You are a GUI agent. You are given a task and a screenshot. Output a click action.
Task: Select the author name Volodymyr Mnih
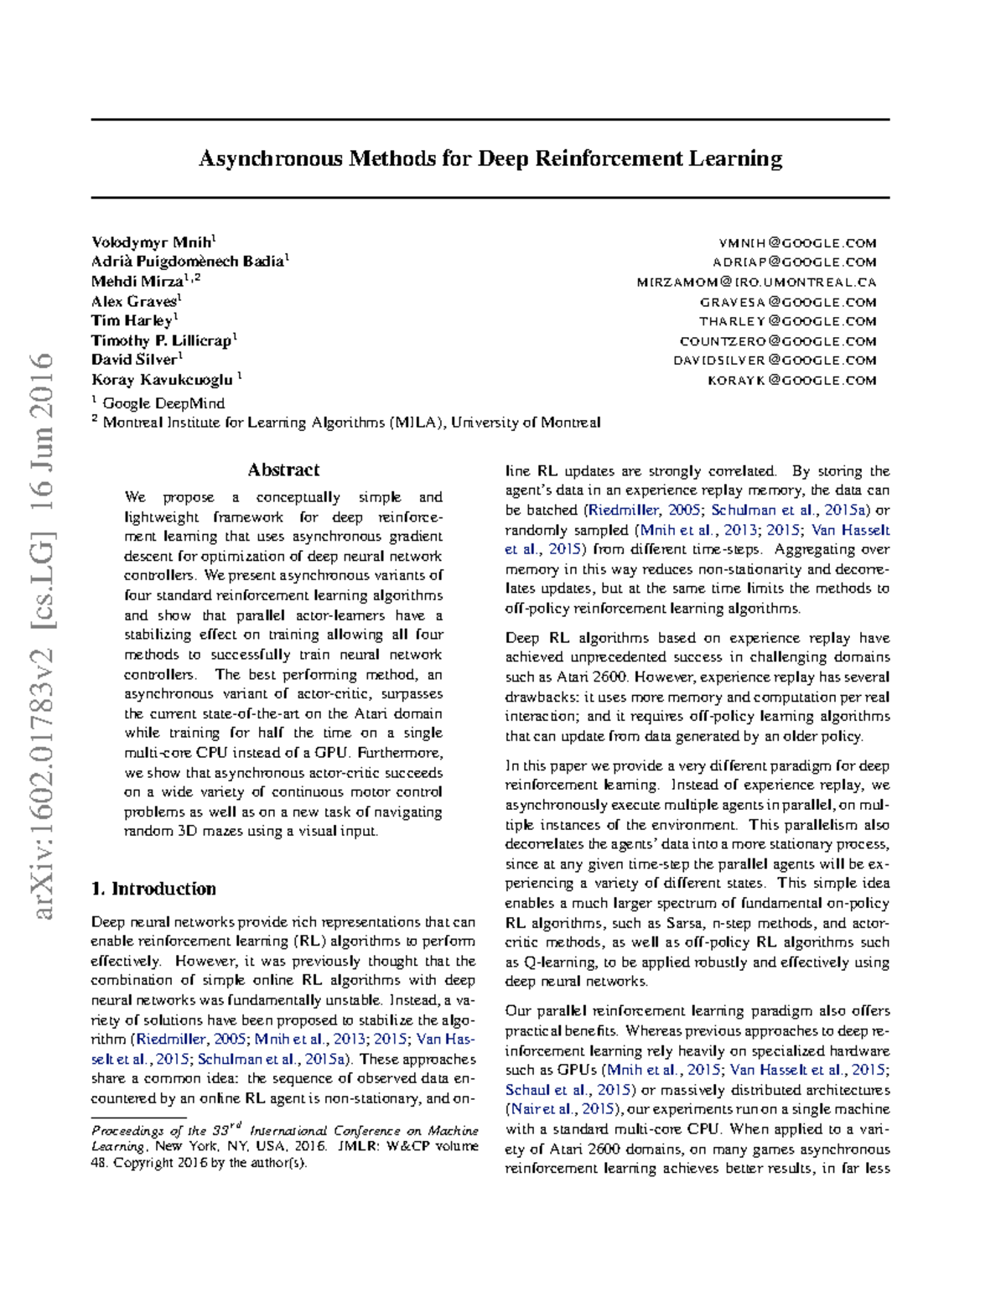pos(151,242)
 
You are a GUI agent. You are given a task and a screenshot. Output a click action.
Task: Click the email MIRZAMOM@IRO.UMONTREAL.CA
pos(756,283)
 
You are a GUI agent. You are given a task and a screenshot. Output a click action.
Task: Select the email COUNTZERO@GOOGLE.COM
pos(778,341)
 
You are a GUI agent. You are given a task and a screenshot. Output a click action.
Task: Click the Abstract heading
pos(283,470)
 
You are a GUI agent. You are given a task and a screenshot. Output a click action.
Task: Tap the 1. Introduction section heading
pos(153,889)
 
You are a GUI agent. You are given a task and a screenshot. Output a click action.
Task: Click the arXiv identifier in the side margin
pos(42,637)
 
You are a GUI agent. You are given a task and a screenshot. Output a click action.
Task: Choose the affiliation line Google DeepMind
pos(163,403)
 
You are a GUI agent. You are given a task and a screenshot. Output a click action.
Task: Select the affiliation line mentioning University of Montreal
pos(350,423)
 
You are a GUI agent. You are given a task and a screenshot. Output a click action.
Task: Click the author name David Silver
pos(133,360)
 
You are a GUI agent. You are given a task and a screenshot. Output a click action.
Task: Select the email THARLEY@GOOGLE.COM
pos(788,321)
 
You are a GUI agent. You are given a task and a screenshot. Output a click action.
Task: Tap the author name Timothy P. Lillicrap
pos(161,340)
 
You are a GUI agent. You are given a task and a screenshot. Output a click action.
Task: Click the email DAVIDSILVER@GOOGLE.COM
pos(775,361)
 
